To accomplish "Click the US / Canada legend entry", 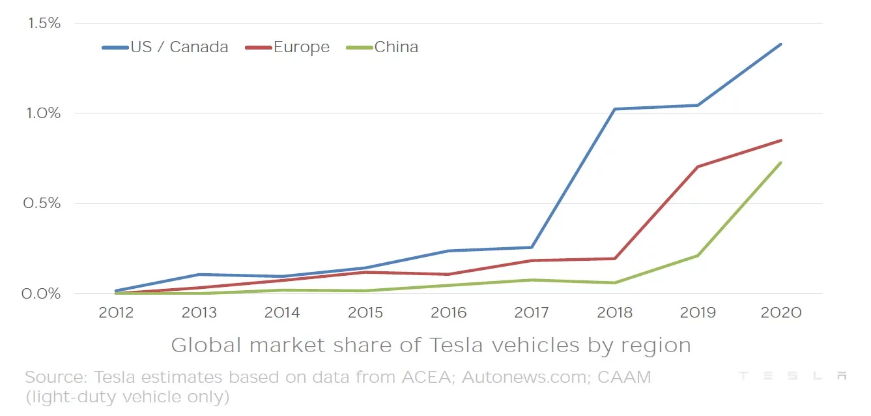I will point(166,47).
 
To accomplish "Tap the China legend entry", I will point(382,47).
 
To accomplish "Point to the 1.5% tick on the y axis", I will point(44,23).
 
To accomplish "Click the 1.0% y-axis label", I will point(44,113).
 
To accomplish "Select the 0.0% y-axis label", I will point(42,294).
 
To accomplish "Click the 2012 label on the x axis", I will point(116,313).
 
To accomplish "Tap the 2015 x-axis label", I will point(365,313).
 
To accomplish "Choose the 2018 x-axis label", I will point(614,313).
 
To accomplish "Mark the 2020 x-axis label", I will point(781,313).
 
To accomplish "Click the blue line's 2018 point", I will point(614,109).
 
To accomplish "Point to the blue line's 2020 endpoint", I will point(780,44).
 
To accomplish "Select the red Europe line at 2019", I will point(698,166).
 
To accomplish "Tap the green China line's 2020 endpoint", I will point(780,162).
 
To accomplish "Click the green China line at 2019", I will point(698,256).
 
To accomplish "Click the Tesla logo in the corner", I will point(793,376).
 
